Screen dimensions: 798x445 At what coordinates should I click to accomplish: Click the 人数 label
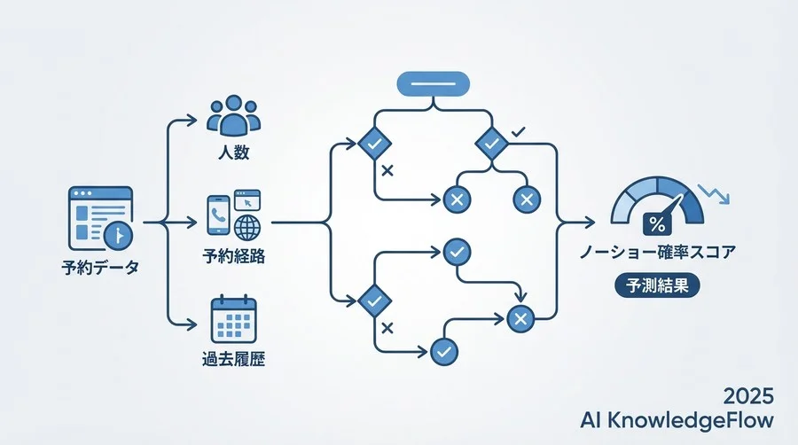(233, 152)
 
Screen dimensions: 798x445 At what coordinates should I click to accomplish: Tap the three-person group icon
(233, 115)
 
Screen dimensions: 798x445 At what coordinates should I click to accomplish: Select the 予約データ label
(100, 267)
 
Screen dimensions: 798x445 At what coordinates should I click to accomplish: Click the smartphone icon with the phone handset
(218, 215)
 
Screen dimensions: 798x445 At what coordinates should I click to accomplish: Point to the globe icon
(247, 227)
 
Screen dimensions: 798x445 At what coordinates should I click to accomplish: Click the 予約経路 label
(233, 256)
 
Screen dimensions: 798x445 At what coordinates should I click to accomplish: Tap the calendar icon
(233, 319)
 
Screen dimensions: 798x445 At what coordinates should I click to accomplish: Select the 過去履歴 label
(233, 360)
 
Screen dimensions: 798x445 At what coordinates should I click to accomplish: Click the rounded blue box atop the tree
(433, 84)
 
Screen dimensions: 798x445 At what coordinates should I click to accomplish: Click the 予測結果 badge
(657, 285)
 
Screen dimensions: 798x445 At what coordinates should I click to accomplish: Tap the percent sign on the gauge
(657, 224)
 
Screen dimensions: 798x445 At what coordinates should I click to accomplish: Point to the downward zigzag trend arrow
(714, 194)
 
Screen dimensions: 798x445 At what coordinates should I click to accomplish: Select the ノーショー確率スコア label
(658, 252)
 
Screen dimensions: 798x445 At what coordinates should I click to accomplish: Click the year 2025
(748, 396)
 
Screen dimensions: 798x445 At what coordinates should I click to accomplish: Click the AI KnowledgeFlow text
(677, 420)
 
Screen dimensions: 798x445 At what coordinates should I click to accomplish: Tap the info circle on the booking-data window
(118, 236)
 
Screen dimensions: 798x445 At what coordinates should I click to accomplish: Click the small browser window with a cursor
(247, 200)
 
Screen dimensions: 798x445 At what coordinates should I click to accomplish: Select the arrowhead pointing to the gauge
(590, 222)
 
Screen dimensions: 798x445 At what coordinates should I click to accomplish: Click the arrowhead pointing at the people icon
(191, 120)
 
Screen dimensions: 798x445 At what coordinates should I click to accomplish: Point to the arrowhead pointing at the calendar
(191, 324)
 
